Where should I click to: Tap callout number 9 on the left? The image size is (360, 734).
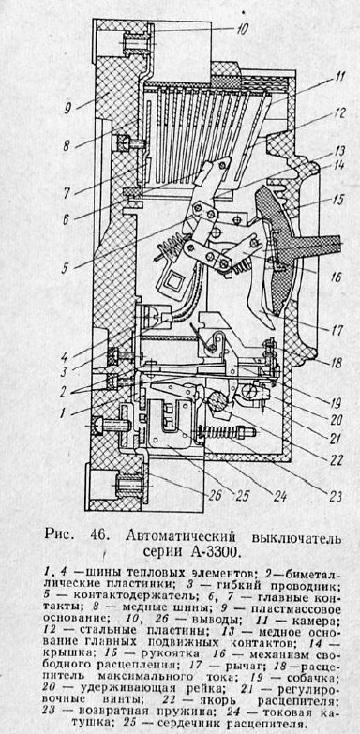point(67,109)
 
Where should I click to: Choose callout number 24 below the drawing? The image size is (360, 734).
point(279,496)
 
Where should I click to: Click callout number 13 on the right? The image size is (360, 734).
point(337,150)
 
